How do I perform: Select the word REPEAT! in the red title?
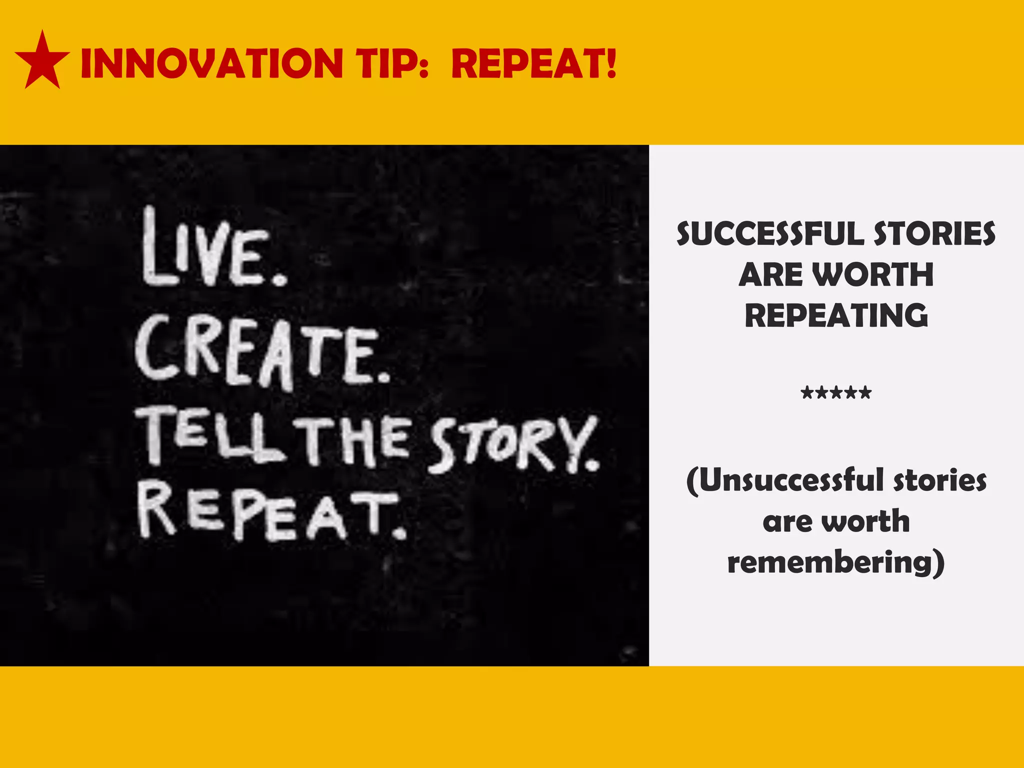[533, 64]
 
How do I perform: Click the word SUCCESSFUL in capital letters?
[770, 234]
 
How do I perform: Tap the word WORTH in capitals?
[872, 275]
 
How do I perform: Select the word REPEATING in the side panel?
[836, 315]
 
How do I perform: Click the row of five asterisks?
[836, 393]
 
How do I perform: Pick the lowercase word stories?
[940, 480]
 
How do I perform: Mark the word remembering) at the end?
[836, 563]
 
